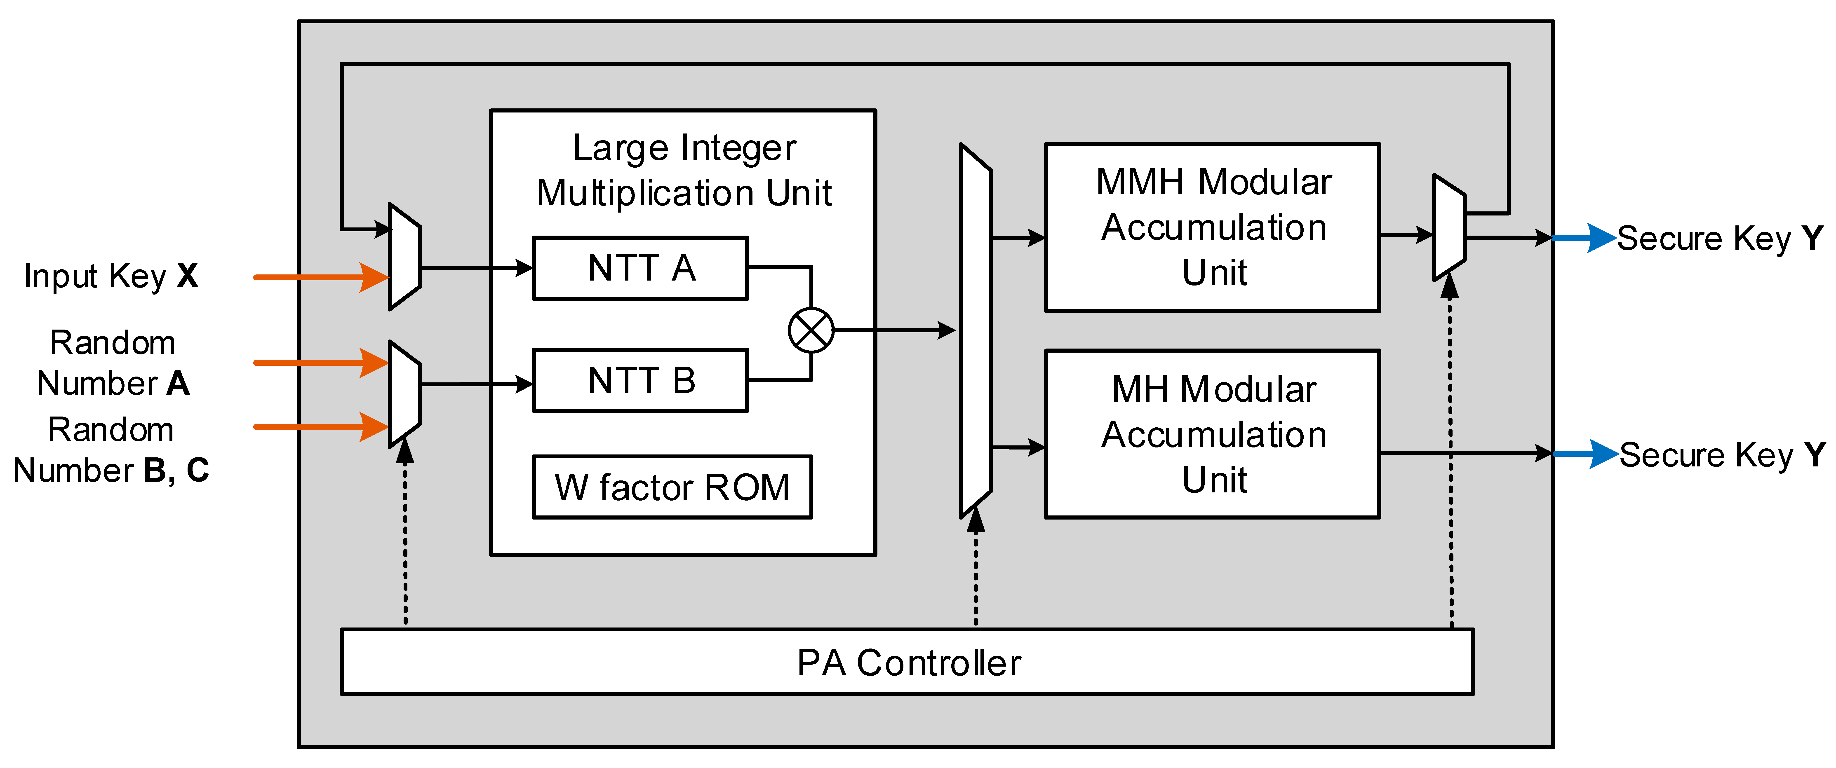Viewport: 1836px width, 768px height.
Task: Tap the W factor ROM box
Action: tap(672, 487)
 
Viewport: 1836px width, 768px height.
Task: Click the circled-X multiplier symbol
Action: tap(811, 330)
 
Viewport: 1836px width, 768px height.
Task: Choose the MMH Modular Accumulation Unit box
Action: tap(1212, 227)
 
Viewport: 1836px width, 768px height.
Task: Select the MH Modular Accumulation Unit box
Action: tap(1212, 434)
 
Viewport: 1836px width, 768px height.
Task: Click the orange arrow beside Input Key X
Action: tap(321, 277)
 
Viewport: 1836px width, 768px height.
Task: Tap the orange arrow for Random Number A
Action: tap(321, 363)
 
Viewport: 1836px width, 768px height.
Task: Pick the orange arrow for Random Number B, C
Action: tap(321, 427)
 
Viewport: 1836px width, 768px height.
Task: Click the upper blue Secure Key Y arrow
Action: tap(1584, 238)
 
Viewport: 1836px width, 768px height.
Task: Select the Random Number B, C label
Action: tap(111, 450)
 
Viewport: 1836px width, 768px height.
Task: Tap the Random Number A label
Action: tap(113, 363)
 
